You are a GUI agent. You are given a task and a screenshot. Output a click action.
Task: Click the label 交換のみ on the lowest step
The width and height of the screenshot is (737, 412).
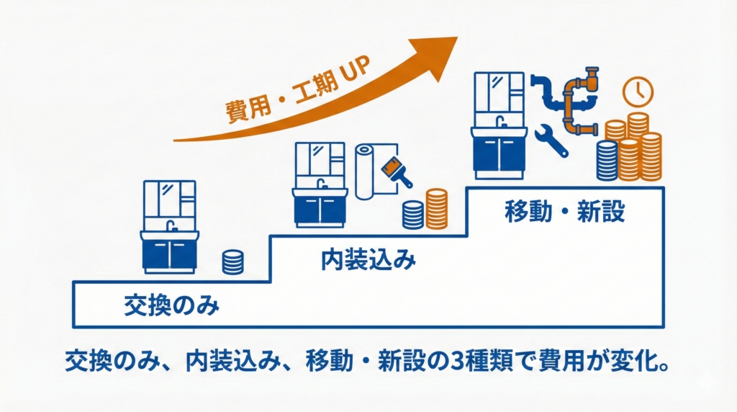click(x=171, y=306)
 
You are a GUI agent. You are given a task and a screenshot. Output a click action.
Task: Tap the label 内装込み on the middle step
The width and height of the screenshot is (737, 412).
click(x=368, y=260)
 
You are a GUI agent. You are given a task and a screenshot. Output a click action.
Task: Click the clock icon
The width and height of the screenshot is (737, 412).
click(x=637, y=91)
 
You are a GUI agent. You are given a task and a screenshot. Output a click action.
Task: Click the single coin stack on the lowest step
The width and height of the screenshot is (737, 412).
click(x=232, y=261)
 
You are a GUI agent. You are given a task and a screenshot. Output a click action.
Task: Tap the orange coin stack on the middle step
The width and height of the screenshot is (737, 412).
click(x=436, y=208)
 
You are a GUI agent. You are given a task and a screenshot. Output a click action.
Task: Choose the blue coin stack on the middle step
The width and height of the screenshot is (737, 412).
click(x=413, y=214)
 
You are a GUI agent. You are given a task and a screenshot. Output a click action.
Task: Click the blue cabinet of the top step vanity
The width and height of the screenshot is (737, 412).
click(x=501, y=155)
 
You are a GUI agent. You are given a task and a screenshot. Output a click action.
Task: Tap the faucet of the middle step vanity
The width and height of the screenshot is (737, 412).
click(x=322, y=183)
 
